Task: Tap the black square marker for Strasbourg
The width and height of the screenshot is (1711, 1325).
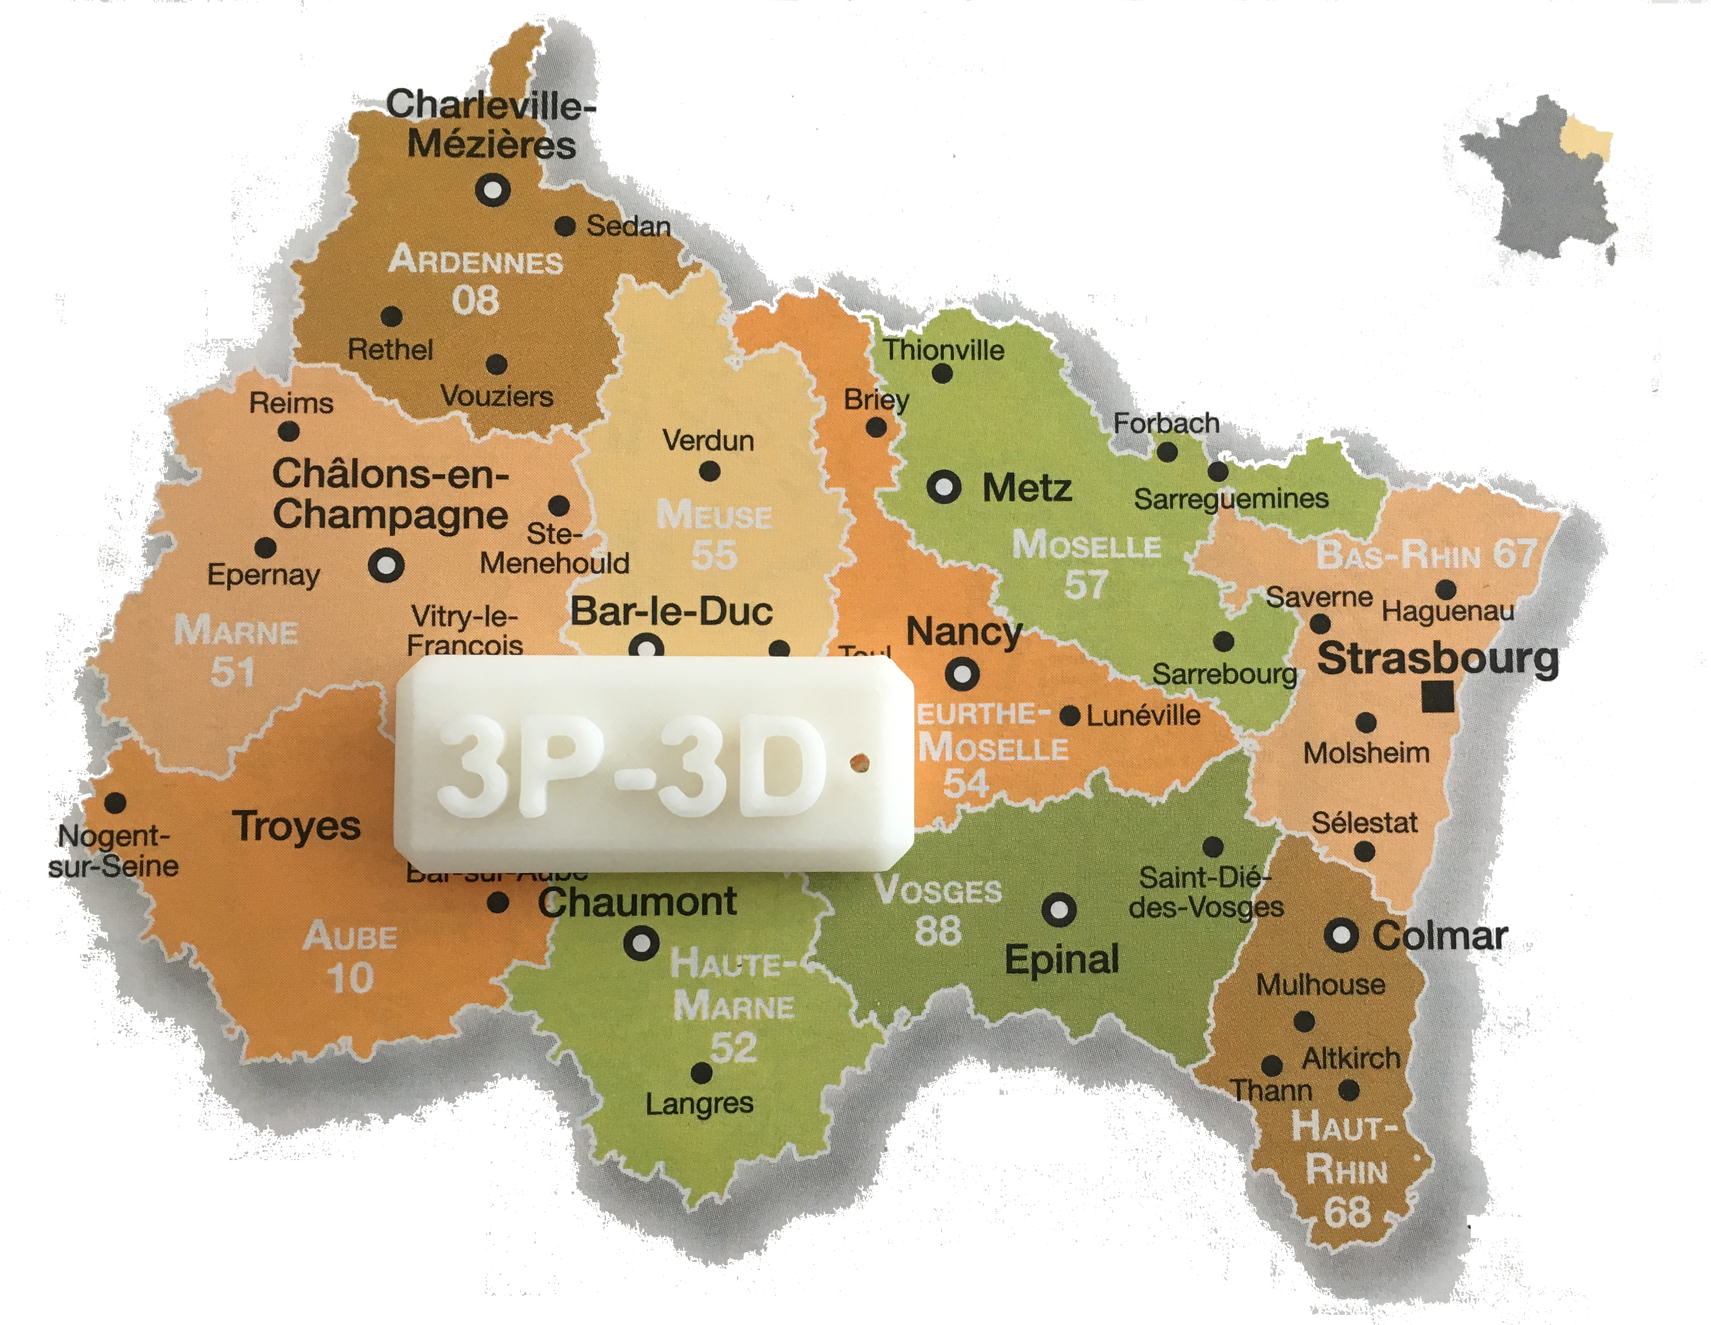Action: click(1437, 697)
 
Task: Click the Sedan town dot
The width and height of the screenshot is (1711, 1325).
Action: click(565, 226)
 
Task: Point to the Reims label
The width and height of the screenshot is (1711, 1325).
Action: click(291, 404)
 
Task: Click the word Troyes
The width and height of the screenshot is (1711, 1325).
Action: click(296, 827)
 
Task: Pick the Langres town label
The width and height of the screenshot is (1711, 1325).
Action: click(699, 1104)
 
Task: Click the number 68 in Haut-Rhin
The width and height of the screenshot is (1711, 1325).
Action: click(1347, 1212)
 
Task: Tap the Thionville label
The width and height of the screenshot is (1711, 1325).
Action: click(943, 350)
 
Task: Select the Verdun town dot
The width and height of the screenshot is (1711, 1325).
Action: click(709, 472)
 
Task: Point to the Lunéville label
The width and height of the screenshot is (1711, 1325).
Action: click(1144, 715)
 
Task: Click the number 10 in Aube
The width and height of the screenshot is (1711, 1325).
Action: click(349, 977)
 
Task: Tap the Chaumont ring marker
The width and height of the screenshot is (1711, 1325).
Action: click(641, 941)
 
